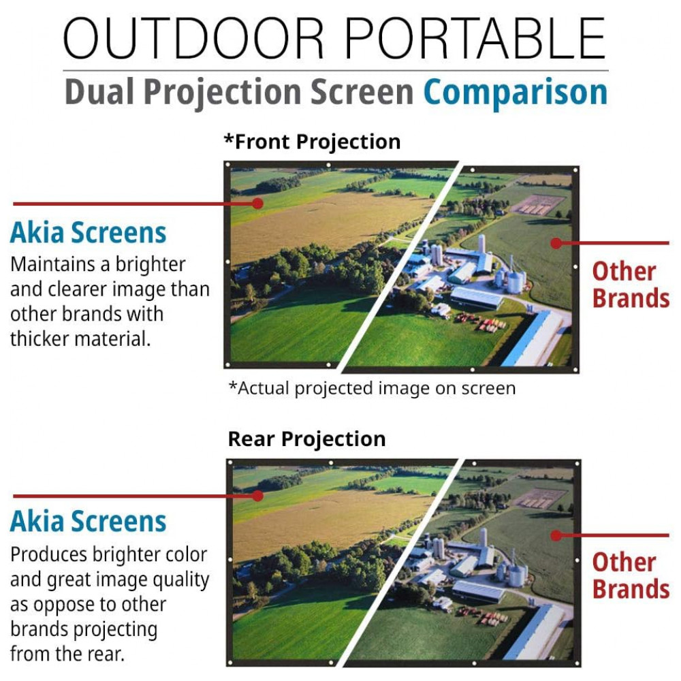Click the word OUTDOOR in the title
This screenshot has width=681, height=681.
193,38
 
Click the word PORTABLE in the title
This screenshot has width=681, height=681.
475,38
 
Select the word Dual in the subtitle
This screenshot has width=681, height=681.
99,91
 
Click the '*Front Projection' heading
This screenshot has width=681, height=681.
312,142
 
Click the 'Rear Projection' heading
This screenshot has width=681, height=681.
306,439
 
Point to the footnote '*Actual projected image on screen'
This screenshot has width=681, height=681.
373,388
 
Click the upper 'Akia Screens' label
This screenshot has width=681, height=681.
88,232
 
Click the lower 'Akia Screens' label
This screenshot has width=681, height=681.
88,521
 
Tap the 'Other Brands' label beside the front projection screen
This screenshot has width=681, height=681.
631,285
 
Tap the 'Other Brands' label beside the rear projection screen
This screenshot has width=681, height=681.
631,575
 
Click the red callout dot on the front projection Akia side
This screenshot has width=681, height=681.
258,203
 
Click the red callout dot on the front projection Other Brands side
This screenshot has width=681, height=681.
556,243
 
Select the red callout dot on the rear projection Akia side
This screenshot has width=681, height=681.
258,496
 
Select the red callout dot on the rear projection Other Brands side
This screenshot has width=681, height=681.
556,535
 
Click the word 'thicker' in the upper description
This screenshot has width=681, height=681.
39,338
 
